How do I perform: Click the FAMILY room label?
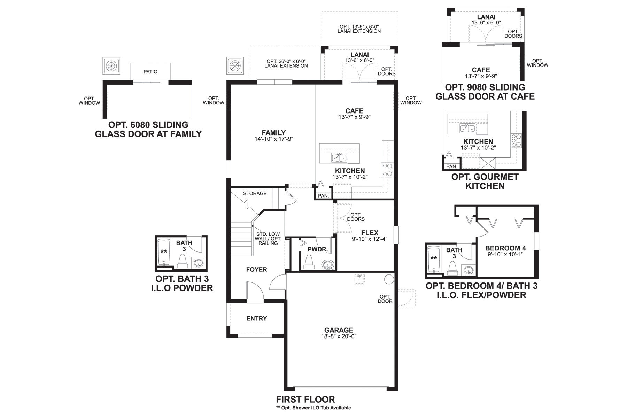click(x=273, y=133)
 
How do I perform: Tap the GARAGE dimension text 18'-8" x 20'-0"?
click(x=339, y=336)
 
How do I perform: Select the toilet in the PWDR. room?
click(x=309, y=262)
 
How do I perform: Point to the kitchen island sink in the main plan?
click(x=339, y=157)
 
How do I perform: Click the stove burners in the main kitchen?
click(x=387, y=170)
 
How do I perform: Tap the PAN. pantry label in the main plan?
click(x=323, y=196)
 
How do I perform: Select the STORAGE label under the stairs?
click(x=255, y=193)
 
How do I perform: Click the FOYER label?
click(x=256, y=269)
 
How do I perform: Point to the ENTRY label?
click(x=256, y=318)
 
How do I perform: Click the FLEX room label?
click(x=370, y=233)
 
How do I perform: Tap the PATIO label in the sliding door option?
click(x=150, y=72)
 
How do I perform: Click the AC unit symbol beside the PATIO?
click(x=111, y=65)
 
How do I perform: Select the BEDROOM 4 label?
click(x=505, y=248)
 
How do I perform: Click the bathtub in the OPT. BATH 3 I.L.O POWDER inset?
click(x=163, y=251)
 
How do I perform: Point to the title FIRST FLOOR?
click(x=305, y=399)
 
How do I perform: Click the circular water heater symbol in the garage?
click(x=389, y=279)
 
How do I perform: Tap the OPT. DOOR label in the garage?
click(x=385, y=299)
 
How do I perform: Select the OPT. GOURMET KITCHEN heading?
click(x=485, y=181)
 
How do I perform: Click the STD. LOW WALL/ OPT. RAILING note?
click(x=268, y=239)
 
